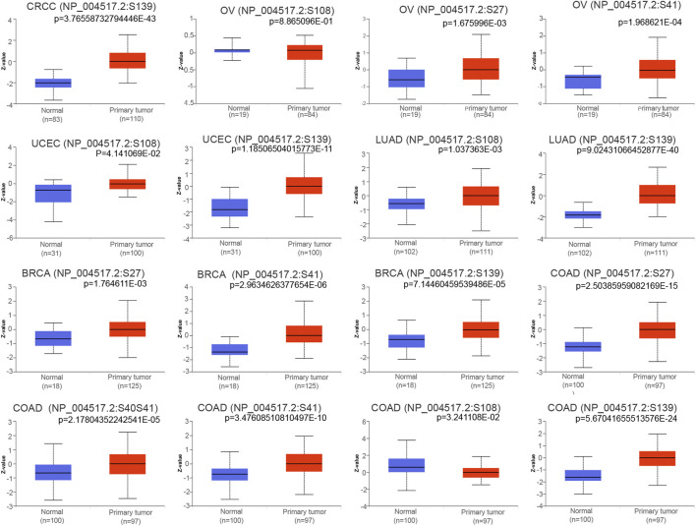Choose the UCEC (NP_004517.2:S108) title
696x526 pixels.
[85, 141]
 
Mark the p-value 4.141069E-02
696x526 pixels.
[115, 151]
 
